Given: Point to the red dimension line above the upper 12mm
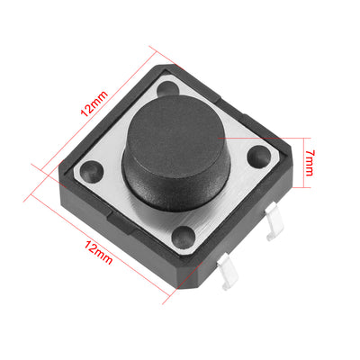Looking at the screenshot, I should click(x=94, y=117).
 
